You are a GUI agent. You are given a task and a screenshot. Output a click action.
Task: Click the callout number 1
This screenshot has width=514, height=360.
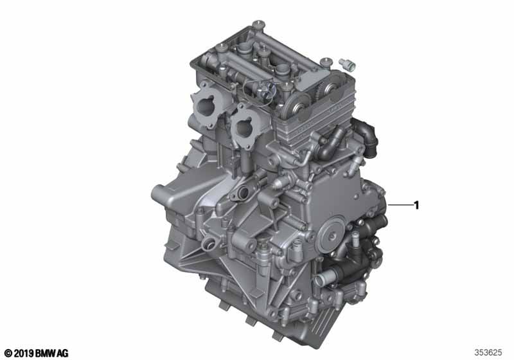point(416,205)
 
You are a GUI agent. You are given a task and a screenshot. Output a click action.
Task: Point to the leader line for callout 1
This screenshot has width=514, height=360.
point(400,205)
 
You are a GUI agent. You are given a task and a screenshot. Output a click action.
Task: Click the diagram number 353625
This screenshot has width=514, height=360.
point(488,353)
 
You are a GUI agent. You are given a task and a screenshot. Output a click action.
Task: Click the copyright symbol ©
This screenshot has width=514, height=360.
point(8,353)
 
